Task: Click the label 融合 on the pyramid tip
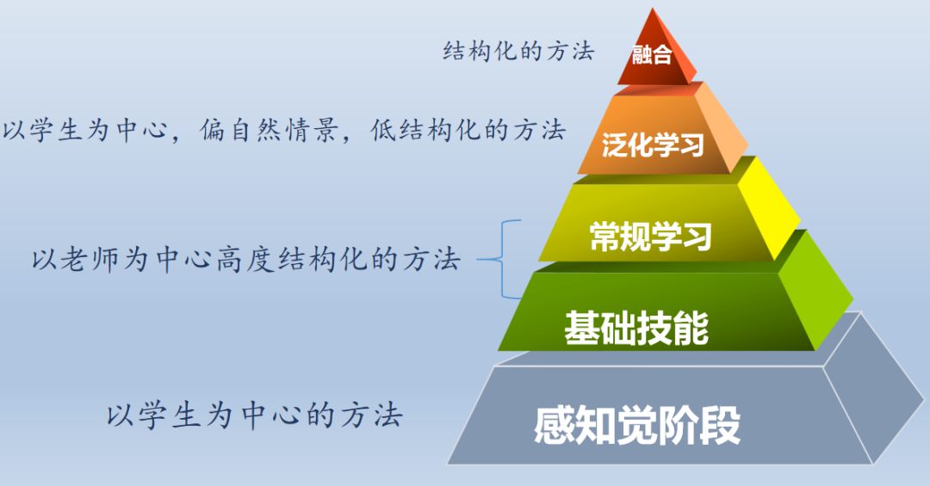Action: pos(651,56)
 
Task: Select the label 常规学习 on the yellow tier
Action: pos(651,236)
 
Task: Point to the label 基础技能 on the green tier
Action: pos(636,328)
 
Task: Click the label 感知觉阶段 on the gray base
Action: pos(637,425)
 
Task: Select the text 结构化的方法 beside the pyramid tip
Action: pos(518,51)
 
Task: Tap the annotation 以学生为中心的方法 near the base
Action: pos(255,416)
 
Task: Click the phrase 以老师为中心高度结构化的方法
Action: pos(245,259)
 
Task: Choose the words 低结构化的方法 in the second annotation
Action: pos(468,131)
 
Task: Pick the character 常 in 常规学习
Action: pos(605,236)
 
